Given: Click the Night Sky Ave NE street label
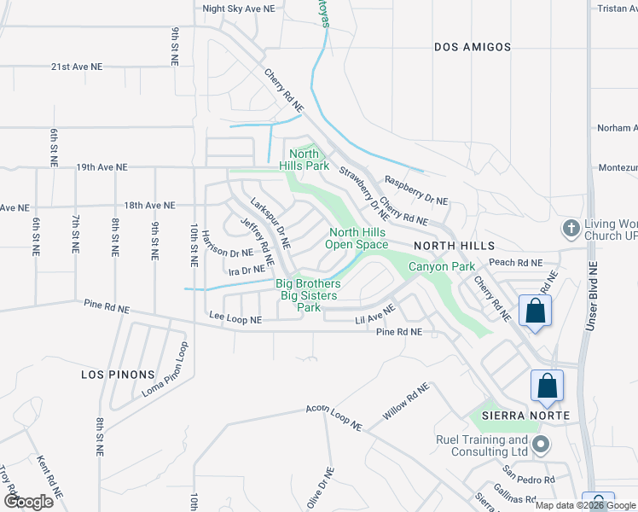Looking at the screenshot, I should tap(238, 9).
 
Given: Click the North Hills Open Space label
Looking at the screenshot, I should tap(358, 238).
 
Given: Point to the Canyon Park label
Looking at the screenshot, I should tap(441, 267).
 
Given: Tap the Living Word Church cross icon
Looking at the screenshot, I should tap(571, 229).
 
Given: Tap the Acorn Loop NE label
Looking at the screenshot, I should tap(333, 416).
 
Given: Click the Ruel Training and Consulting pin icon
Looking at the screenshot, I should tap(539, 444).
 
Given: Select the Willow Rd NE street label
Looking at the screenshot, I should tap(407, 401).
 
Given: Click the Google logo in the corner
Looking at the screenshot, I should tap(28, 502).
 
